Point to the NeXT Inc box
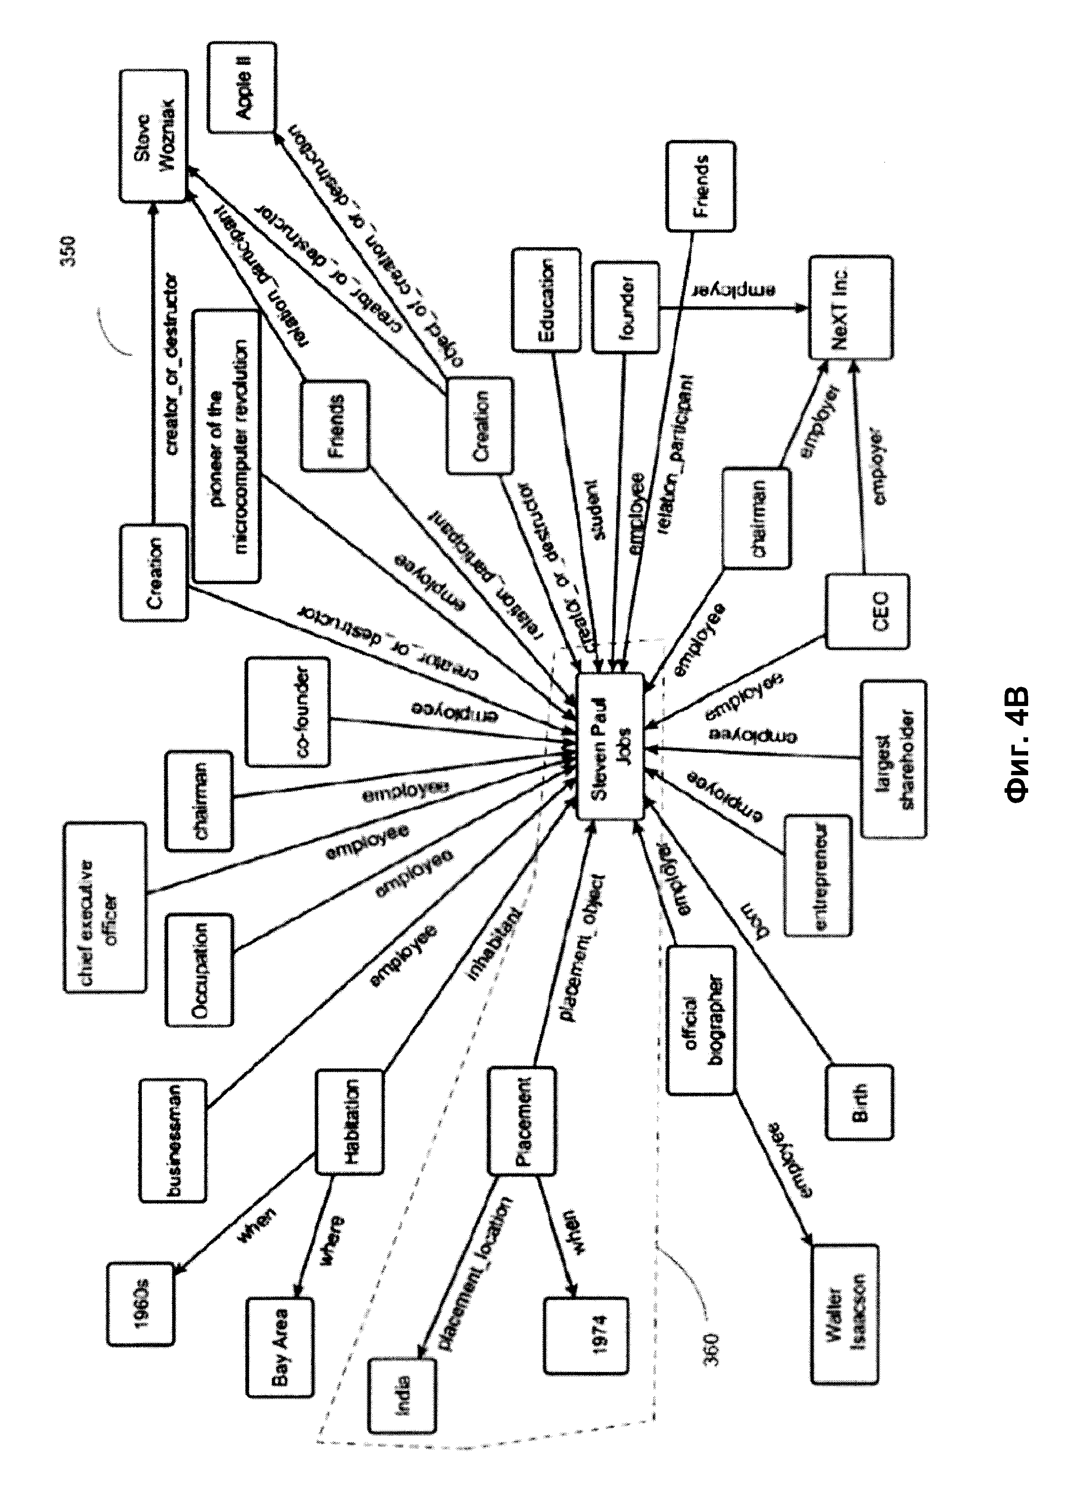(851, 308)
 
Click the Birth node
(859, 1103)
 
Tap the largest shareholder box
(893, 759)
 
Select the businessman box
(173, 1140)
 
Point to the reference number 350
(67, 251)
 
